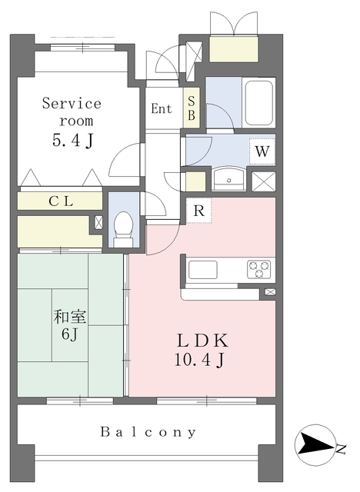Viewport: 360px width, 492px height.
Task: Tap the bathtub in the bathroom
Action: (258, 103)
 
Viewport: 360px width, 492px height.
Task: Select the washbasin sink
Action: (229, 179)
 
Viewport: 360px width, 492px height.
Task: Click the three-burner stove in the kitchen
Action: (259, 269)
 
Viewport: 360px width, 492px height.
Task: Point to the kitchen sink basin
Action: (203, 270)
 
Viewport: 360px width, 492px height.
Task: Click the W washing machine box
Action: (262, 151)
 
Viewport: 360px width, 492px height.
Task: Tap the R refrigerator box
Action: (198, 210)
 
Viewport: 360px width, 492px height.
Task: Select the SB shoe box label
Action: (191, 108)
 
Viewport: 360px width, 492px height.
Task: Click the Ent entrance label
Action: (162, 108)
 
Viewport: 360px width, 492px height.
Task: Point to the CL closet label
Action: (61, 201)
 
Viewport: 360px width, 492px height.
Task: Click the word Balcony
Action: (148, 432)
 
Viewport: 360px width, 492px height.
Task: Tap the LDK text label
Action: (202, 341)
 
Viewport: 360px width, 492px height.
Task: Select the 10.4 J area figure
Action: (200, 360)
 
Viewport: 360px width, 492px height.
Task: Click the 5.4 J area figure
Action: (72, 140)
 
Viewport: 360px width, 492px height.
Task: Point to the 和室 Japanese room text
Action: (70, 317)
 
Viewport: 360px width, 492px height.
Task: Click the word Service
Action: (72, 103)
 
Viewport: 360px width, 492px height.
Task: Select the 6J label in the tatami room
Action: (70, 334)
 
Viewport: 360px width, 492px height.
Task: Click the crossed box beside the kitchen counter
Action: (270, 292)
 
